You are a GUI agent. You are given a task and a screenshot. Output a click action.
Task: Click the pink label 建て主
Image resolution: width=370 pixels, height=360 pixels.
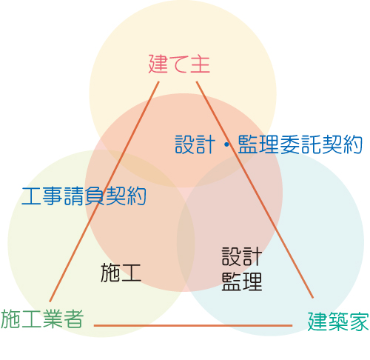pos(179,64)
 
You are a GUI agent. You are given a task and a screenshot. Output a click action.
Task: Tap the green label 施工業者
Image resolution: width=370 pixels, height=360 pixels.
pos(42,319)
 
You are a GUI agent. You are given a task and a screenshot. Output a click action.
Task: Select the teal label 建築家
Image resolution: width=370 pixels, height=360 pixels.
pos(338,321)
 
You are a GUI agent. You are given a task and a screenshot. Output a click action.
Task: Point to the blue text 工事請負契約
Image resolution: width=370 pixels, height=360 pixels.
pos(84,196)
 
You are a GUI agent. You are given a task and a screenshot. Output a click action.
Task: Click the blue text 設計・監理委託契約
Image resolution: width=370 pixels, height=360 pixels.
pos(269,144)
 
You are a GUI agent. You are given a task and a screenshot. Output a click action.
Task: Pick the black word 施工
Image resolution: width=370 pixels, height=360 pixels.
pos(121,273)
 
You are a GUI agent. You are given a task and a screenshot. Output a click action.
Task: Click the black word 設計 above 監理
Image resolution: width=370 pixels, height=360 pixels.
pos(242,256)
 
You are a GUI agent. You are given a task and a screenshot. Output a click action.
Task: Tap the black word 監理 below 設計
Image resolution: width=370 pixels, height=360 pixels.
pos(242,281)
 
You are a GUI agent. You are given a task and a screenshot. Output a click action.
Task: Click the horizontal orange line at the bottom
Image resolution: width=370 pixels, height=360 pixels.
pos(193,326)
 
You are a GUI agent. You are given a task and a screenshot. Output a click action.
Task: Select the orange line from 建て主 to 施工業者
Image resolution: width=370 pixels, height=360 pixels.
pos(104,191)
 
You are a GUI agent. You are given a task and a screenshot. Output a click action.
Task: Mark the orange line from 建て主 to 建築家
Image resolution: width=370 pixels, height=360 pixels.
pos(255,190)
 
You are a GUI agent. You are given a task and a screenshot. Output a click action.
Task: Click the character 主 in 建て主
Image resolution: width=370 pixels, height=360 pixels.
pos(200,64)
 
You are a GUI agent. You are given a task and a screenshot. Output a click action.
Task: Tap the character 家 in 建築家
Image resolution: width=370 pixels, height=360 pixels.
pos(359,321)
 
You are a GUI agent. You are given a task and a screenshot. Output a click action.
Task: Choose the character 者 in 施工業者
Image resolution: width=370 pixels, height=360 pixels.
pos(74,319)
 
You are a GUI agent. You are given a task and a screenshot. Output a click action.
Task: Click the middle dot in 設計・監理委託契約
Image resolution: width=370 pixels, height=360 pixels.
pos(226,145)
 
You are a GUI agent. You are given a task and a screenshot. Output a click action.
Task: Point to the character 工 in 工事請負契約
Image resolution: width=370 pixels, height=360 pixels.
pos(31,196)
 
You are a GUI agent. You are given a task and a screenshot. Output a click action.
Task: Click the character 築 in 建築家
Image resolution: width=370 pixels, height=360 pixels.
pos(338,321)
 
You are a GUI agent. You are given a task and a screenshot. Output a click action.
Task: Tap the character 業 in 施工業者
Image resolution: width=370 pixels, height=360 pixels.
pos(53,319)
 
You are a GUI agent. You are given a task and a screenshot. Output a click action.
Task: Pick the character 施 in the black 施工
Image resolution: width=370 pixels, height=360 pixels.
pos(110,273)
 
